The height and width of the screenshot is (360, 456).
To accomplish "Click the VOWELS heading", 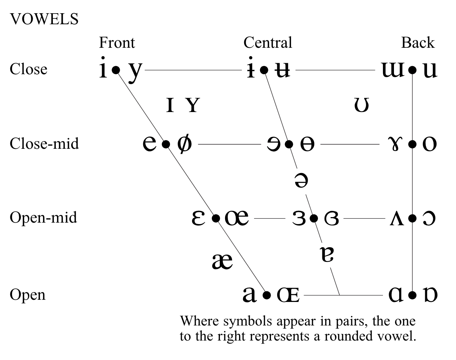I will pyautogui.click(x=44, y=19).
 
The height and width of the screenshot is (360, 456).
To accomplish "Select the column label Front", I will pyautogui.click(x=117, y=43).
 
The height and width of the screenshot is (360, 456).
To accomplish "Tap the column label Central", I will pyautogui.click(x=268, y=43).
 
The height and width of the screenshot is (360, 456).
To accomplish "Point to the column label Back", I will pyautogui.click(x=417, y=43).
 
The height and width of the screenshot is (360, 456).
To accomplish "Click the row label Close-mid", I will pyautogui.click(x=44, y=143).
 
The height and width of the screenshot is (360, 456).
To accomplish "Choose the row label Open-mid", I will pyautogui.click(x=43, y=217).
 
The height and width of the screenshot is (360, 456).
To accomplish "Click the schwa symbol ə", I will pyautogui.click(x=301, y=180).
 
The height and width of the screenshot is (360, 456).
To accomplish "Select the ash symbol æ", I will pyautogui.click(x=222, y=261).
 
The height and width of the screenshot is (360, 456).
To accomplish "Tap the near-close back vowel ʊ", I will pyautogui.click(x=361, y=105).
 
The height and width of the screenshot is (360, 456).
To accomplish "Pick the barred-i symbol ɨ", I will pyautogui.click(x=251, y=68).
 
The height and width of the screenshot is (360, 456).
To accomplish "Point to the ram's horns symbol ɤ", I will pyautogui.click(x=395, y=144).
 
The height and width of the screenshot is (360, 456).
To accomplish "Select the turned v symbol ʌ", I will pyautogui.click(x=397, y=219).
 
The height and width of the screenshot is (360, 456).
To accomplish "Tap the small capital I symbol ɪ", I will pyautogui.click(x=170, y=105).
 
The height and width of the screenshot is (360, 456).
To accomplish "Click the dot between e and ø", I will pyautogui.click(x=166, y=144).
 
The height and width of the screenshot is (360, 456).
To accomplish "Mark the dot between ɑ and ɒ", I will pyautogui.click(x=412, y=295).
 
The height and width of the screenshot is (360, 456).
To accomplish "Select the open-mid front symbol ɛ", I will pyautogui.click(x=198, y=218).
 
